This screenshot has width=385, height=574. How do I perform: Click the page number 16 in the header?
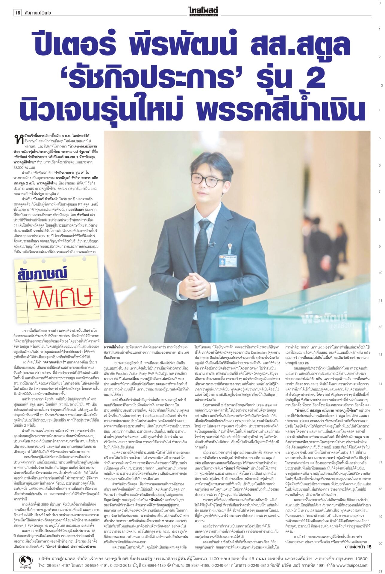18,13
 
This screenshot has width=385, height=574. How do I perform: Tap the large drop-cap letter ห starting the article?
18,138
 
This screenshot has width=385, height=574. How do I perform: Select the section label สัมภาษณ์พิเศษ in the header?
38,13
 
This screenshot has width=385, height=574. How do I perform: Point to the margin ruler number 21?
380,571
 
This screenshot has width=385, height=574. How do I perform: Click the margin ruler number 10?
380,273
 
